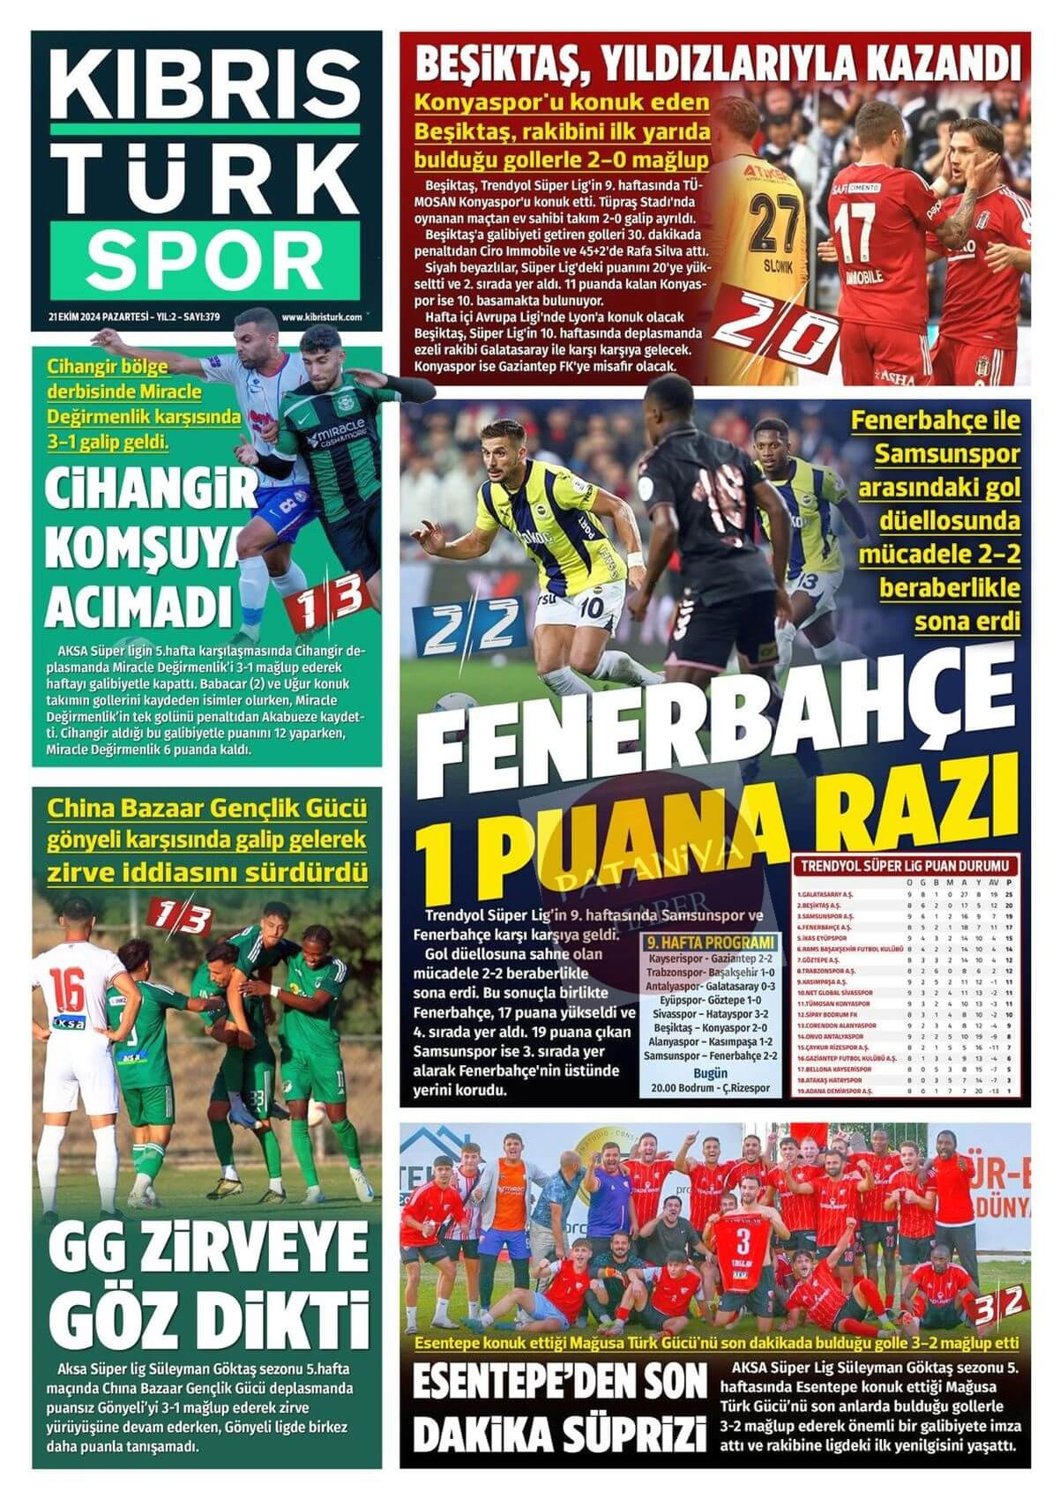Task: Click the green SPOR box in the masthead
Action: pyautogui.click(x=205, y=257)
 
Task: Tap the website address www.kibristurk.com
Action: pyautogui.click(x=321, y=317)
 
